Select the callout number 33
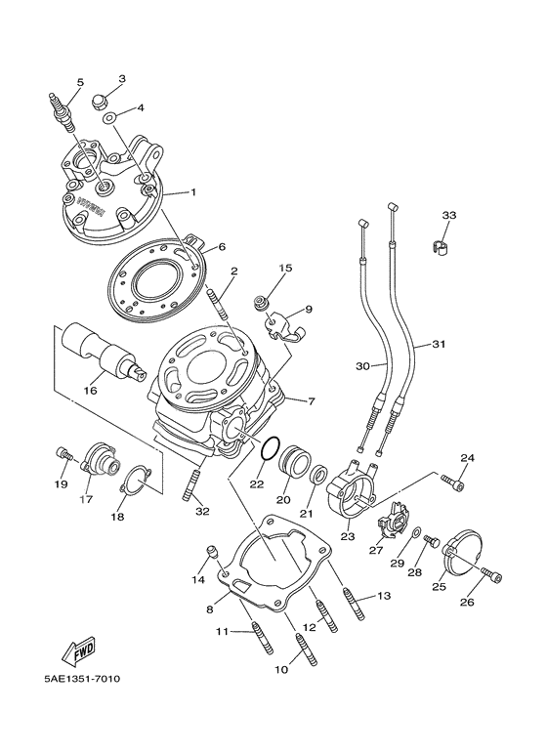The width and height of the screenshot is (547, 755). point(448,215)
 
